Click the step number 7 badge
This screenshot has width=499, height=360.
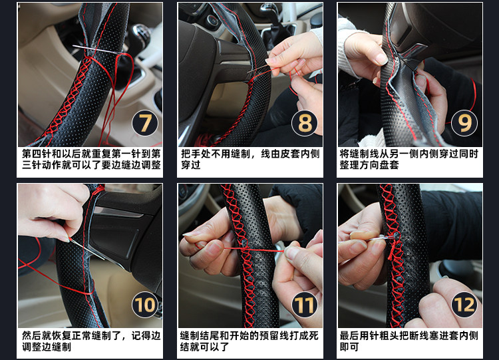point(145,123)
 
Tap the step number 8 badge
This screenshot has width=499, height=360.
point(305,123)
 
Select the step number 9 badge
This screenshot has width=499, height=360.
point(464,123)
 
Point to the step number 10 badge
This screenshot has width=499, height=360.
point(145,305)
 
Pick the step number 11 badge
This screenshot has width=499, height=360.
point(305,305)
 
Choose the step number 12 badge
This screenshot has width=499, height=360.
point(464,305)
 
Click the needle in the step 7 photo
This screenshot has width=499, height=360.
point(95,49)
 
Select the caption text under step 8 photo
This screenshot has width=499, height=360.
point(250,160)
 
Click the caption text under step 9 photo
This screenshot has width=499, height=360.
point(409,160)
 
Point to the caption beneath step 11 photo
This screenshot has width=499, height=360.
point(249,341)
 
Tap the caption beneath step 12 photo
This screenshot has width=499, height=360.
point(409,341)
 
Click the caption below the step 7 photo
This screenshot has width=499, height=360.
point(91,160)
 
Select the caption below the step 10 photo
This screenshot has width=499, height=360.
point(91,341)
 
